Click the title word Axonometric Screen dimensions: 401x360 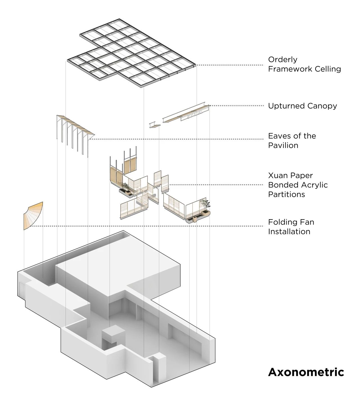coord(306,372)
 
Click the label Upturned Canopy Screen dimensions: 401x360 coord(302,106)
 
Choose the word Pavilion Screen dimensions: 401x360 coord(283,145)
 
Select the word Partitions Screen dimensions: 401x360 coord(286,194)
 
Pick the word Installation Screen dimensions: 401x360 coord(289,232)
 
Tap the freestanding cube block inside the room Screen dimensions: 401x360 coord(112,333)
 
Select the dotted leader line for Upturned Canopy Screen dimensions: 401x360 coord(238,106)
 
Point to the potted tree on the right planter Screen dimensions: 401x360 coord(204,205)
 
